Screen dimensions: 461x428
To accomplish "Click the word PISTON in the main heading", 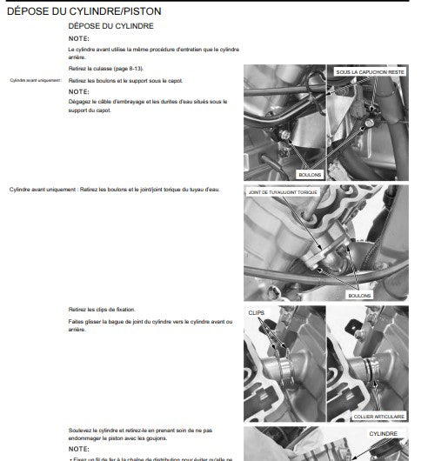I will [x=138, y=11].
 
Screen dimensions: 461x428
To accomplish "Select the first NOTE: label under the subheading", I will [x=78, y=39].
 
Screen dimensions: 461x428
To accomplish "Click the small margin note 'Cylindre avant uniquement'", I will [x=36, y=80].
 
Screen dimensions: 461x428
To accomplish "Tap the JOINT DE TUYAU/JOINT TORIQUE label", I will [x=290, y=192].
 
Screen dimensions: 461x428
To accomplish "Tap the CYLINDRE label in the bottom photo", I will [x=382, y=432].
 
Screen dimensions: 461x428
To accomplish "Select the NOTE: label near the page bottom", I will [x=78, y=450].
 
